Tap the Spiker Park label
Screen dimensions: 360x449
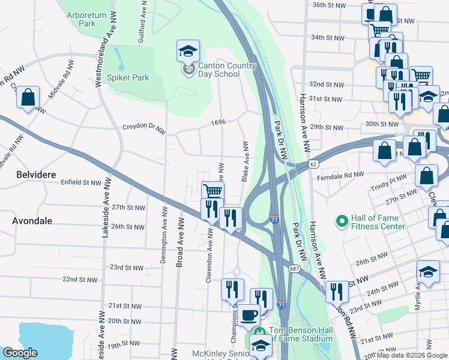click(x=128, y=77)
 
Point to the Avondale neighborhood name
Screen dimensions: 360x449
click(x=32, y=221)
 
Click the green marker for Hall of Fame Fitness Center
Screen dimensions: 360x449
click(x=342, y=222)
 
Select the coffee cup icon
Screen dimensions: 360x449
click(x=249, y=314)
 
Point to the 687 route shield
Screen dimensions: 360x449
click(x=294, y=250)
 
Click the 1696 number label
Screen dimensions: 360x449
click(x=218, y=122)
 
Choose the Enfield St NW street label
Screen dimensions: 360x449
click(x=81, y=182)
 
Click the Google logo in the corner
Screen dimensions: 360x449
click(x=20, y=353)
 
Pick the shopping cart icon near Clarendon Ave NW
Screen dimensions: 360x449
click(x=212, y=191)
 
